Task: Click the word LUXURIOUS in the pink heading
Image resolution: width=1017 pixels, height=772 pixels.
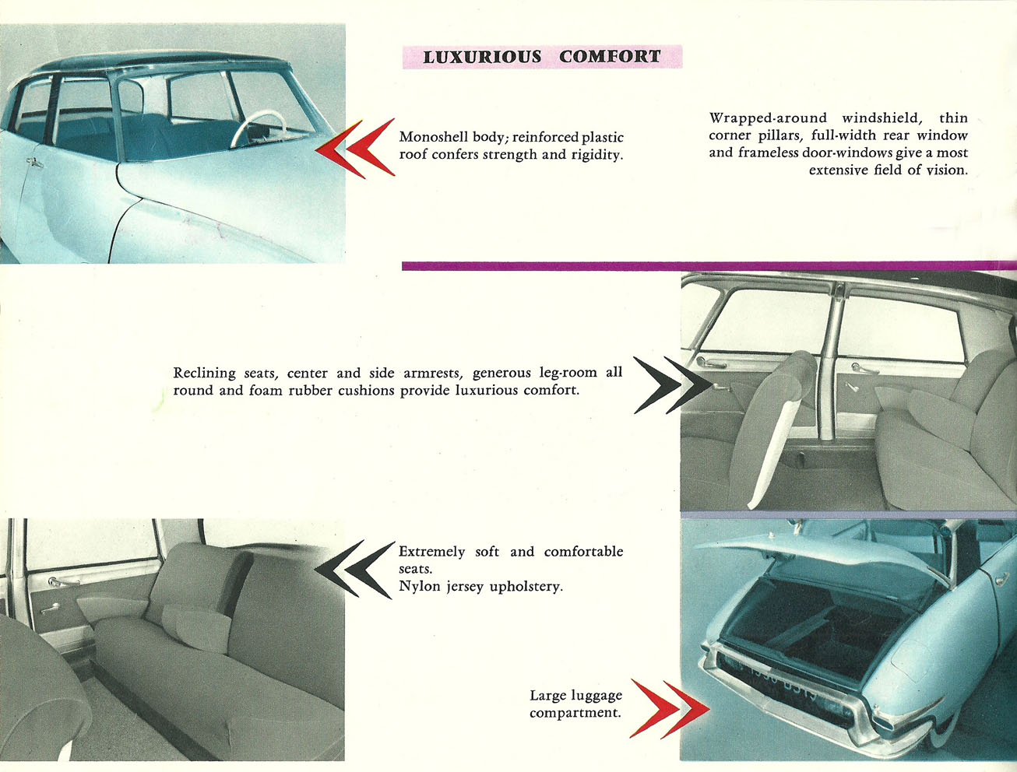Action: point(482,57)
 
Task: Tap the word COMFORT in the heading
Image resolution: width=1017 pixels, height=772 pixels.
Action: point(610,57)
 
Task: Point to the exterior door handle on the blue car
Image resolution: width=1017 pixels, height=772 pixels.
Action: point(35,163)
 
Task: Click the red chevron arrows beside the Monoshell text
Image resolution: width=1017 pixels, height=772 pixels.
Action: point(355,149)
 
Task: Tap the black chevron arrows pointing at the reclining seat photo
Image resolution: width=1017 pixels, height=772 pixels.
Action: point(673,385)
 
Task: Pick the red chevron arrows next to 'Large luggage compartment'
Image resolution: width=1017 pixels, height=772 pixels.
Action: point(670,709)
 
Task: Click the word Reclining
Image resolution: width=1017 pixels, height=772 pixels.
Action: point(204,373)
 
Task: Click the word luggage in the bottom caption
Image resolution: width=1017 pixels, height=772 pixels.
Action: point(596,696)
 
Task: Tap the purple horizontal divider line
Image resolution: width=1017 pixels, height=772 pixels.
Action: point(709,266)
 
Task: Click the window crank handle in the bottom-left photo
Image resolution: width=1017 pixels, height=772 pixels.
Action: point(50,609)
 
